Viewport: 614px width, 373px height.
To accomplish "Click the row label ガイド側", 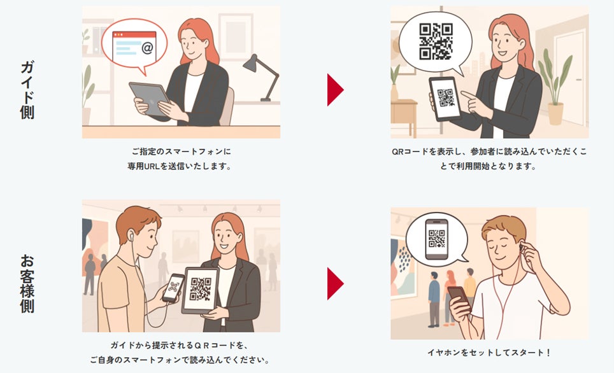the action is pos(27,90).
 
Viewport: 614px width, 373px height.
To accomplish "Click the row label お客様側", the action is pos(27,283).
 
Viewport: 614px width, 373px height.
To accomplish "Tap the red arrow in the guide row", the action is pos(335,90).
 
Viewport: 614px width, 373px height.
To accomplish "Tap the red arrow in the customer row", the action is pos(335,283).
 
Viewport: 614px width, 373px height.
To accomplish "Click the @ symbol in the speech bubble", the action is pos(147,48).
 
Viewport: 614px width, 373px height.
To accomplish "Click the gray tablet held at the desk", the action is pos(149,99).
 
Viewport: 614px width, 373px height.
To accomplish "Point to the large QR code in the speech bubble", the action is pos(436,41).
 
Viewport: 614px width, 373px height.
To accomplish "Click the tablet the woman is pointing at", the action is pos(446,98).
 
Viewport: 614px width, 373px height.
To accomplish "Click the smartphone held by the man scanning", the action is pos(173,288).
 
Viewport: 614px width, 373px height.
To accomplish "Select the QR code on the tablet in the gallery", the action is pos(201,289).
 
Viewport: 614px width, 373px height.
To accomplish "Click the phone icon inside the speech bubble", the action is pos(436,239).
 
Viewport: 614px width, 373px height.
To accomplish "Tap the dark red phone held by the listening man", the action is pos(459,297).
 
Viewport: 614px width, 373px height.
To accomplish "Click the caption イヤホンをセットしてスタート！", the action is pos(489,353).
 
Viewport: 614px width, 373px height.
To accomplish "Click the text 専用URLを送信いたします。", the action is pos(180,166).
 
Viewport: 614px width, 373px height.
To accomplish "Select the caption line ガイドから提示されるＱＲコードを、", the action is pos(180,345).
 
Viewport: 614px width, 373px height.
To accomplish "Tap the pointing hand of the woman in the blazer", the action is pos(475,102).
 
